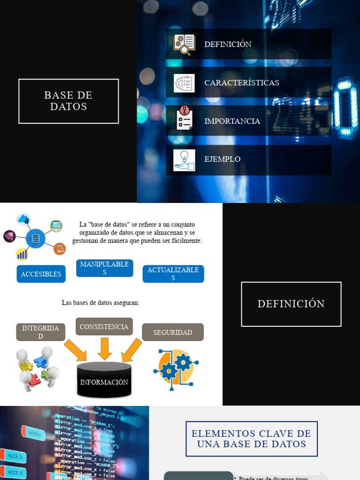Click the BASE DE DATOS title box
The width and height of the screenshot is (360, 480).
68,101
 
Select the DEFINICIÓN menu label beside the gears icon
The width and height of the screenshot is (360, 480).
228,44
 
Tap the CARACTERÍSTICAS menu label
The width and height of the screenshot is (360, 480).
241,82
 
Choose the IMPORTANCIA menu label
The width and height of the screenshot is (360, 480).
232,121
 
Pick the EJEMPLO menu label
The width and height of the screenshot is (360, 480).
222,159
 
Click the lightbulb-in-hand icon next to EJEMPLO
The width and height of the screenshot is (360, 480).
184,160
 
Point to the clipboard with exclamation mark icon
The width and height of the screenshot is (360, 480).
184,118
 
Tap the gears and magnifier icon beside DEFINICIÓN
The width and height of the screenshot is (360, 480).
184,45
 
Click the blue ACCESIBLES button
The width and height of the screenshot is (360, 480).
41,274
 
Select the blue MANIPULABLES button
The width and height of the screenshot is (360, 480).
105,268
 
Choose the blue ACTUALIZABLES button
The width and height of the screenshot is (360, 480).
173,274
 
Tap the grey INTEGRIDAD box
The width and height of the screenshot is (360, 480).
41,332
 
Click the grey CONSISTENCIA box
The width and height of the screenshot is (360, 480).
104,326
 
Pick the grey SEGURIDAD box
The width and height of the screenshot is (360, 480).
172,332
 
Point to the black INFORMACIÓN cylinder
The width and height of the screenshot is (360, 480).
104,380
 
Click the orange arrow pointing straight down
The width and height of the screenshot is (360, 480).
105,348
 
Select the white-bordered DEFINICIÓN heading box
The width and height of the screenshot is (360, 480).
291,304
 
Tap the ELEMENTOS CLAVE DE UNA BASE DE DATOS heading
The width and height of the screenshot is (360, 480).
252,439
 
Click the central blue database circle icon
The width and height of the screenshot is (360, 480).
36,239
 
